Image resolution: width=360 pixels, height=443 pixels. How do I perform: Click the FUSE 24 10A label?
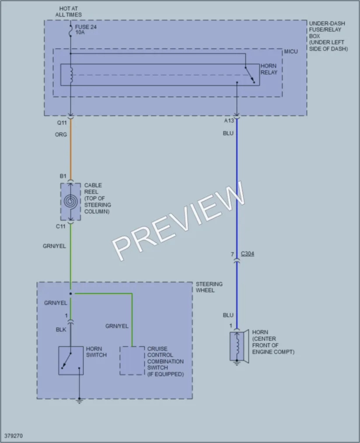pyautogui.click(x=86, y=29)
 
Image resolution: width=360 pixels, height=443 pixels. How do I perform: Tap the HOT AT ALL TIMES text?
pyautogui.click(x=68, y=11)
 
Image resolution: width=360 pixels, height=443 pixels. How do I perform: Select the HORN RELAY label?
pyautogui.click(x=269, y=69)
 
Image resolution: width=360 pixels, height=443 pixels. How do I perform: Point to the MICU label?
pyautogui.click(x=291, y=52)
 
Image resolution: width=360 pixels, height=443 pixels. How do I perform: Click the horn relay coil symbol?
pyautogui.click(x=71, y=75)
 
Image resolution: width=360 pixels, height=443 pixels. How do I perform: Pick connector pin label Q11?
pyautogui.click(x=62, y=123)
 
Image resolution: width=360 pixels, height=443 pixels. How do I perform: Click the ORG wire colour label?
pyautogui.click(x=61, y=135)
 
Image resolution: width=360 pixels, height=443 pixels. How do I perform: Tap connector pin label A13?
pyautogui.click(x=229, y=121)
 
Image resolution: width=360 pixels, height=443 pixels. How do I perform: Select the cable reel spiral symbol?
pyautogui.click(x=70, y=202)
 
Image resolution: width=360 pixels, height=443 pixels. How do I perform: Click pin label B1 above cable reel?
pyautogui.click(x=63, y=176)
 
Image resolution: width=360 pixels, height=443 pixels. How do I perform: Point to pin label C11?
pyautogui.click(x=60, y=226)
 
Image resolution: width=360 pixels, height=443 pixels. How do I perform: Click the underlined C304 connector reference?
pyautogui.click(x=248, y=254)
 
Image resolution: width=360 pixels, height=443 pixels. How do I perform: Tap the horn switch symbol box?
pyautogui.click(x=71, y=361)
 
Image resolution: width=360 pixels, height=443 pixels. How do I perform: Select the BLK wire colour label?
pyautogui.click(x=61, y=329)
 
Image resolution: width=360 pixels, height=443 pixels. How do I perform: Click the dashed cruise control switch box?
pyautogui.click(x=132, y=361)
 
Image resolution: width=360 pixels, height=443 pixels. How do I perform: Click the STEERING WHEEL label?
pyautogui.click(x=209, y=287)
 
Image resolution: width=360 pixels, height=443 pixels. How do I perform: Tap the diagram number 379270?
pyautogui.click(x=13, y=436)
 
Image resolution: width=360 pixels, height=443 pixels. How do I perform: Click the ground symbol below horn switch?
pyautogui.click(x=80, y=401)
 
